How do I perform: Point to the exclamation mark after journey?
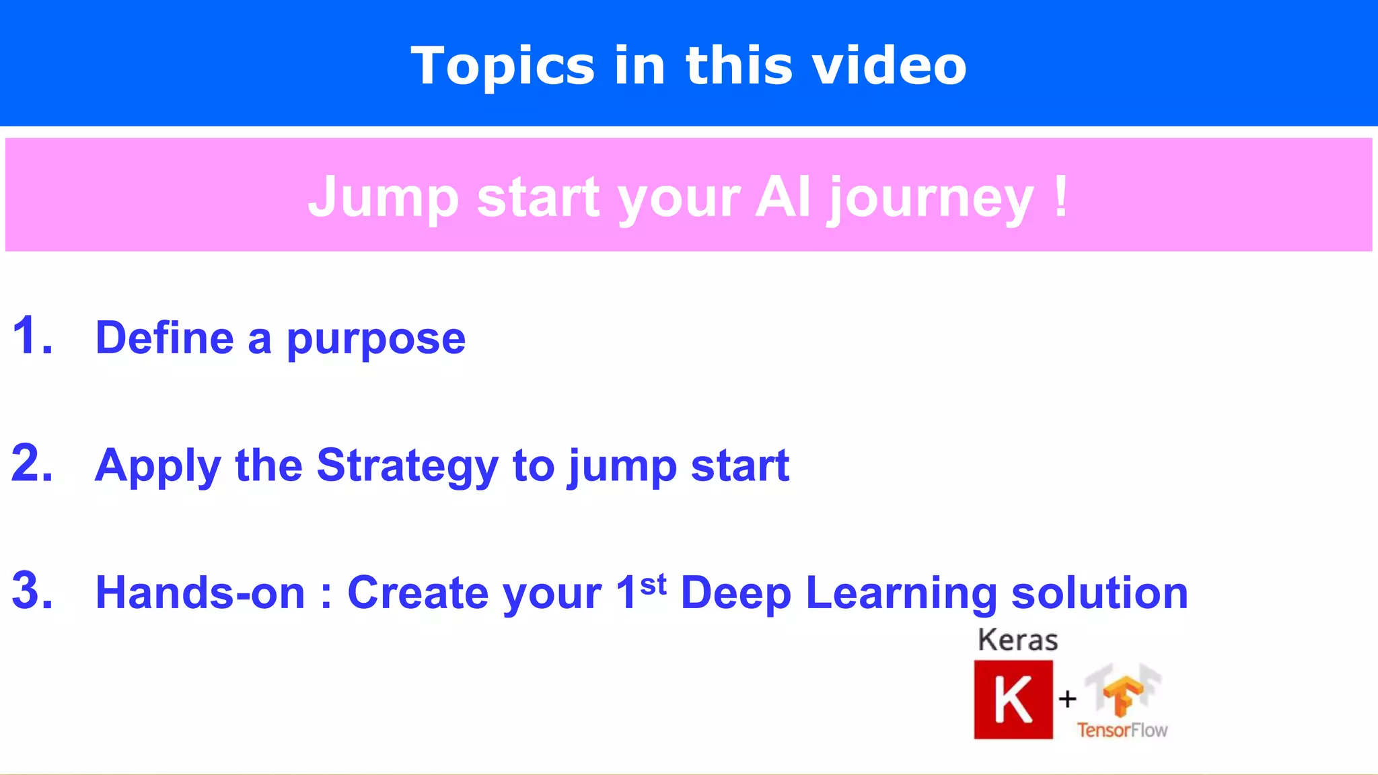[1061, 196]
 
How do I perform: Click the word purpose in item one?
[376, 338]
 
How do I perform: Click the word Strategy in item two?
[407, 466]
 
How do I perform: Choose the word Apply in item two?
[157, 466]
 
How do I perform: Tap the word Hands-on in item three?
[200, 593]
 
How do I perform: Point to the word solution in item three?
[1099, 593]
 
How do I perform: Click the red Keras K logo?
[1013, 700]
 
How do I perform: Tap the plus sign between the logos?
[1067, 700]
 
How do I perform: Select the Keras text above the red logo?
[1017, 640]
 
